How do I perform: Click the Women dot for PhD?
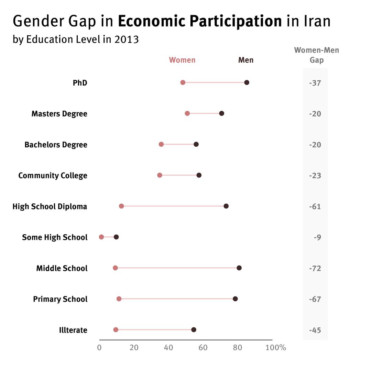click(183, 82)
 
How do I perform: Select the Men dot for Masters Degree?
click(221, 113)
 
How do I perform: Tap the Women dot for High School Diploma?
click(121, 206)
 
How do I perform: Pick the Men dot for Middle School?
click(239, 268)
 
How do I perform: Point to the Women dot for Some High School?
click(101, 237)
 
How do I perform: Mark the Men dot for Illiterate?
click(194, 330)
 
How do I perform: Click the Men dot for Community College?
click(199, 175)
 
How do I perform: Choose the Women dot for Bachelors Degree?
click(161, 144)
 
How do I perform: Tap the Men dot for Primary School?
click(235, 299)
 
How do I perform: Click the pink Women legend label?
click(182, 60)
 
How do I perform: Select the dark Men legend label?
click(246, 60)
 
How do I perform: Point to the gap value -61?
click(315, 206)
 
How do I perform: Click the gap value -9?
click(317, 237)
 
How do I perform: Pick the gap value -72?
click(315, 268)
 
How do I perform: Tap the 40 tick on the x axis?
click(168, 348)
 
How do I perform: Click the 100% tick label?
click(276, 348)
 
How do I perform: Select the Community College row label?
click(53, 176)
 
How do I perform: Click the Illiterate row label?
click(73, 330)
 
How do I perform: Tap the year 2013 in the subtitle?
click(127, 40)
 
